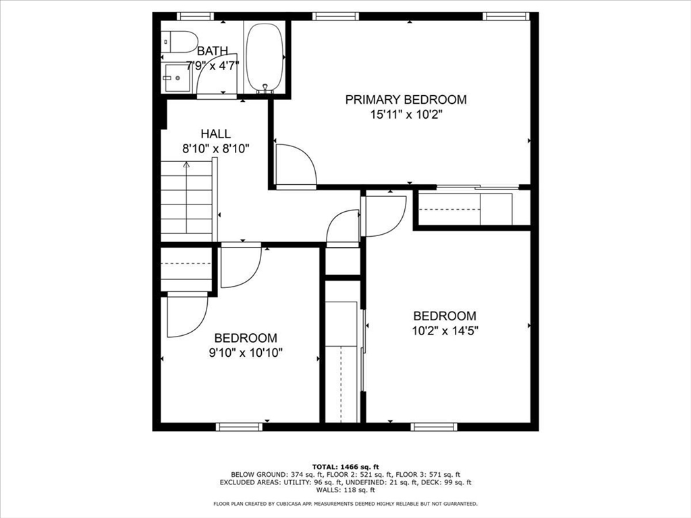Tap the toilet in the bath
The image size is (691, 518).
pyautogui.click(x=179, y=40)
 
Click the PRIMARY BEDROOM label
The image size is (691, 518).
pyautogui.click(x=406, y=100)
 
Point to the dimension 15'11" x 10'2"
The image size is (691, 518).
pyautogui.click(x=406, y=115)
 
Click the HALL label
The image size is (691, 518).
pyautogui.click(x=215, y=134)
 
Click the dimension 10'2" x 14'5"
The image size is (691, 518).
pyautogui.click(x=445, y=330)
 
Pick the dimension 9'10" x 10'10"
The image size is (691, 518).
pyautogui.click(x=246, y=352)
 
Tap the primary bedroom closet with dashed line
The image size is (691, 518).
pyautogui.click(x=466, y=208)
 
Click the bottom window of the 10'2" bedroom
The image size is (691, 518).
pyautogui.click(x=434, y=426)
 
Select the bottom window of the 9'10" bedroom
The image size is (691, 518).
pyautogui.click(x=239, y=426)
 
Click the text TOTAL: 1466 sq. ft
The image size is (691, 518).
pyautogui.click(x=345, y=467)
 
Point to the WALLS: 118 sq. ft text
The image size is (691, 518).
pyautogui.click(x=345, y=490)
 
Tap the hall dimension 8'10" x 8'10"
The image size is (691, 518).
pyautogui.click(x=216, y=148)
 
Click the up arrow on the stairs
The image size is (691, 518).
pyautogui.click(x=186, y=166)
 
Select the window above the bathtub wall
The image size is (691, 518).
pyautogui.click(x=195, y=16)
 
